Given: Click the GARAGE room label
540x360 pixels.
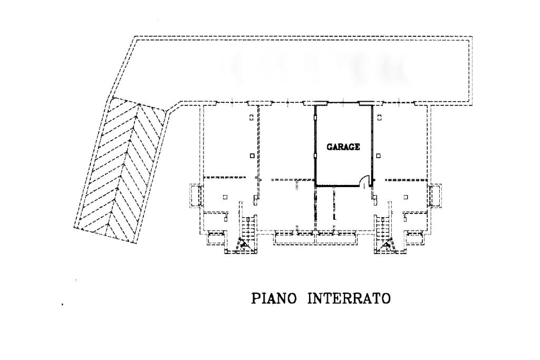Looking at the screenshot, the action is coord(343,148).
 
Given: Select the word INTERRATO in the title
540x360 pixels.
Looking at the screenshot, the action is coord(349,299).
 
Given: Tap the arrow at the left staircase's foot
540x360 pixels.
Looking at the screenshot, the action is coord(244,244).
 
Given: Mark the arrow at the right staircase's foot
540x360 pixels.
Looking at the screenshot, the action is coord(387,244).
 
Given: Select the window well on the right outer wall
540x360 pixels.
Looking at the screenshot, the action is coord(436,195).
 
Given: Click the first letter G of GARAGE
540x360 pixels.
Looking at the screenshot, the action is coord(330,148).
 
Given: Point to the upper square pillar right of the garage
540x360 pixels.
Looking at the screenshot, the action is coord(379,117).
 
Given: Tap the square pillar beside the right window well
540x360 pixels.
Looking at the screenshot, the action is coord(406,197).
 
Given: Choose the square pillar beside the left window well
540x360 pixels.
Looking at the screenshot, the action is coord(225,197).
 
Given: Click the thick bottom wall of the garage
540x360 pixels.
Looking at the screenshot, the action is coord(337,186).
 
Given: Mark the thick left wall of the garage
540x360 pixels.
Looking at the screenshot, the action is coord(315,145).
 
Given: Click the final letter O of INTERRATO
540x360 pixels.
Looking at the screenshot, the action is coord(386,299).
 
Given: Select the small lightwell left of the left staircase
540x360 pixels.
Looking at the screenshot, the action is coord(216,238).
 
